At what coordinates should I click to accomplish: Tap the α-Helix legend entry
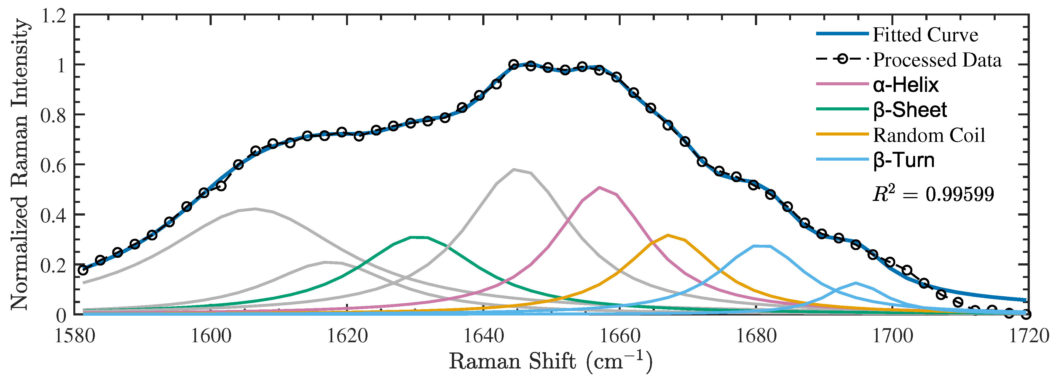(905, 85)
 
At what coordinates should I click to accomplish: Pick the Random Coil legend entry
(929, 136)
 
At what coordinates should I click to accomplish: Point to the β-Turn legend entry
(904, 160)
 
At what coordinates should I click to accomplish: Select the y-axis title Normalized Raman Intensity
(20, 164)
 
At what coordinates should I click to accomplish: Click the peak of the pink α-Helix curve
(599, 187)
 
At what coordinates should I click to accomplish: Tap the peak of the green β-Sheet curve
(418, 237)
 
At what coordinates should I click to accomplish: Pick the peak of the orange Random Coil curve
(668, 235)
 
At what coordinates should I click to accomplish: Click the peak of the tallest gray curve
(514, 169)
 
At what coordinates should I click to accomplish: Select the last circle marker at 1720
(1026, 314)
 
